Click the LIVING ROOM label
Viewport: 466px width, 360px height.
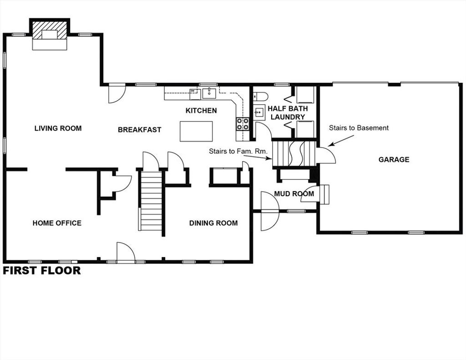tap(58, 128)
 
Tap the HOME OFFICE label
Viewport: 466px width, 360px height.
tap(57, 223)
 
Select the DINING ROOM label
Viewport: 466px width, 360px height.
tap(213, 223)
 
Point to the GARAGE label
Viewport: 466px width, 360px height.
tap(394, 160)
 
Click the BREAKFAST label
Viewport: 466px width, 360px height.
tap(139, 130)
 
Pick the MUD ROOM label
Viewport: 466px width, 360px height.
tap(294, 194)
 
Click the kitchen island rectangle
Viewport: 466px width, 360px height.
tap(196, 131)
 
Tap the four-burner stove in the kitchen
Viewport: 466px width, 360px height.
tap(243, 124)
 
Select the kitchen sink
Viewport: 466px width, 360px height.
tap(209, 93)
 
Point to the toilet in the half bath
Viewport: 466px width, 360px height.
tap(261, 96)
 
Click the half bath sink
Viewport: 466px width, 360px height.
tap(259, 112)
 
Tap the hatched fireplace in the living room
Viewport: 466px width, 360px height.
tap(50, 30)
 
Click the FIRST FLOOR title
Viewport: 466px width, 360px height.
tap(42, 270)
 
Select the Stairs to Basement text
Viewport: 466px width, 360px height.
tap(359, 128)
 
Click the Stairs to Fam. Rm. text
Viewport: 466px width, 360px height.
tap(238, 151)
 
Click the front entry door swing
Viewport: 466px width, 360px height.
tap(126, 252)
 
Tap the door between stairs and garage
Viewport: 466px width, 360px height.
tap(326, 155)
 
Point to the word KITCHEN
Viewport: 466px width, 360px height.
tap(201, 111)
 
